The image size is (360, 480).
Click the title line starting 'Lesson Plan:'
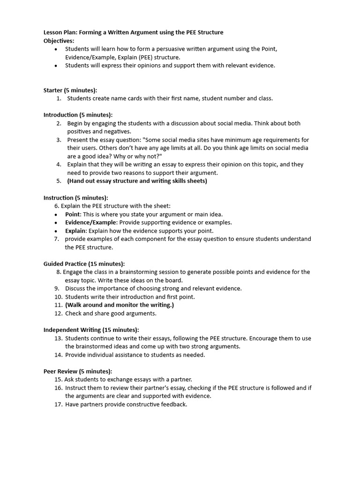133,32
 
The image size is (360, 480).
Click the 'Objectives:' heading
59,41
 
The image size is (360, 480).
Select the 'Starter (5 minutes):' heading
70,90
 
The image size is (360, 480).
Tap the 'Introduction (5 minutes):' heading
78,115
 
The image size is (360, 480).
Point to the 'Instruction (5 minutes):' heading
75,198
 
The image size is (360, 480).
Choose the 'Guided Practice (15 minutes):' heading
84,264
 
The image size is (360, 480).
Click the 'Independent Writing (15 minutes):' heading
91,330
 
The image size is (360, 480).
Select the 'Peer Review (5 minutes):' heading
77,371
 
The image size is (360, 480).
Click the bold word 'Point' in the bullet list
72,214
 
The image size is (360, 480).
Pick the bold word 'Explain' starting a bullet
75,231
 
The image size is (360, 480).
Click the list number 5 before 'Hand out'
59,181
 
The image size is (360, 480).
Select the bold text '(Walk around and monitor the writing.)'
119,305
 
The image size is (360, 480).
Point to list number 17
58,405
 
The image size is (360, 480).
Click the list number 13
58,338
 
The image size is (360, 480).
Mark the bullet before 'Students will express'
57,66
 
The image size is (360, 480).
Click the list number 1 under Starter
59,98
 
